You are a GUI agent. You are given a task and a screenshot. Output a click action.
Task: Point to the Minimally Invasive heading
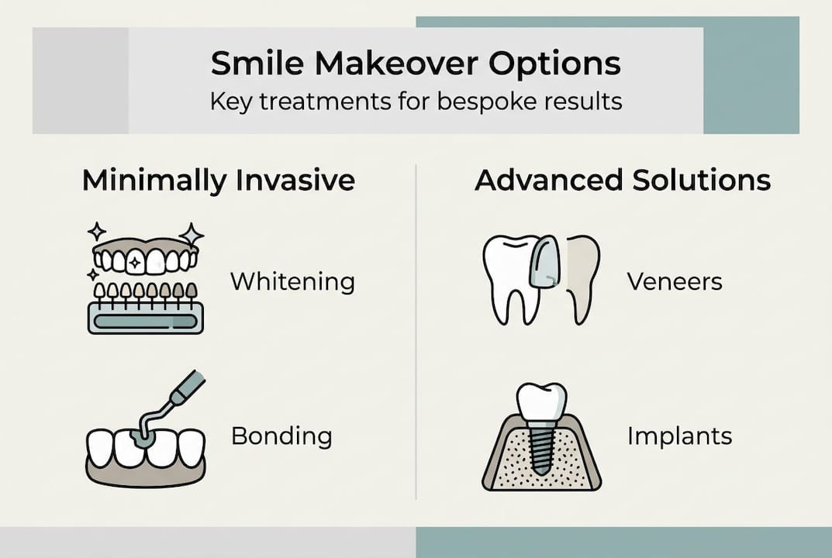coord(218,181)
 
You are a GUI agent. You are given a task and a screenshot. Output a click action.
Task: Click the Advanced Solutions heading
coord(622,181)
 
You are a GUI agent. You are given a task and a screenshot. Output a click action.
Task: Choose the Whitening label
coord(292,281)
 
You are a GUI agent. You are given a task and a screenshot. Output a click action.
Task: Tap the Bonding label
coord(281,436)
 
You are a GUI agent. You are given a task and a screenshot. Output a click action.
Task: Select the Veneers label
coord(675,281)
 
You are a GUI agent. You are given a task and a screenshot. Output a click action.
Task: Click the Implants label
coord(679,436)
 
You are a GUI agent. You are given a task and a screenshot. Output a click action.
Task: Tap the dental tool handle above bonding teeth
coord(186,389)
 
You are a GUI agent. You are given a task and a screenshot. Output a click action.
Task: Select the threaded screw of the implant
coord(541,446)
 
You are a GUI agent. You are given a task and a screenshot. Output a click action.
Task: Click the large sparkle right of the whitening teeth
coord(191,235)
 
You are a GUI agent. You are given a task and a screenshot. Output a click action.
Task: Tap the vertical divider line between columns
coord(416,333)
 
